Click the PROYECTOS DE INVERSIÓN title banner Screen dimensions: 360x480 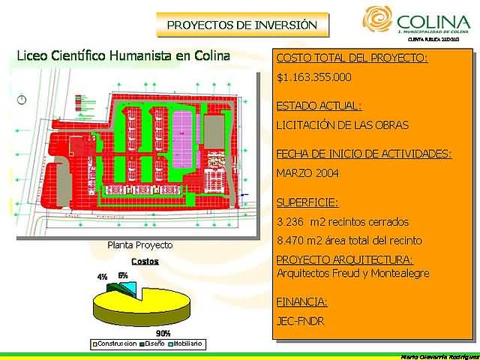tap(242, 25)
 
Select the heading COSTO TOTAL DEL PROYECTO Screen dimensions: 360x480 tap(352, 58)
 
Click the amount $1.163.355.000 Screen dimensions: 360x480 tap(313, 77)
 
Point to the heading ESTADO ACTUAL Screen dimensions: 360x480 tap(319, 106)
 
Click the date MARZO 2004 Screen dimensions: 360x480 tap(307, 173)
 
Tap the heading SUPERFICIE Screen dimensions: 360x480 tap(307, 202)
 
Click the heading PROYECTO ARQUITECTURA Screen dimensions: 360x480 tap(345, 260)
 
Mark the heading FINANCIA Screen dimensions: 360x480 tap(301, 302)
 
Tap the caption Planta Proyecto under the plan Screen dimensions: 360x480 tap(140, 245)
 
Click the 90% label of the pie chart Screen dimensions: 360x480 tap(163, 333)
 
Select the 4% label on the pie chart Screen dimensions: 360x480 tap(102, 277)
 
